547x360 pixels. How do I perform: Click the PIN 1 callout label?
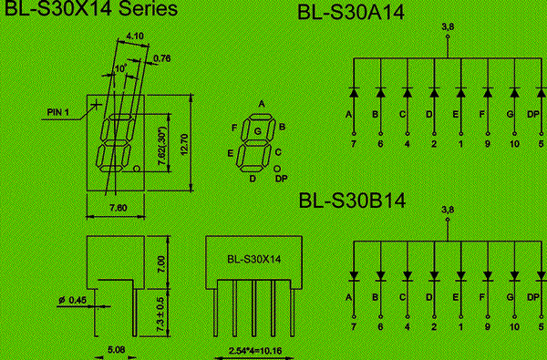(x=58, y=112)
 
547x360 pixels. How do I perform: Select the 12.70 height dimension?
(x=184, y=144)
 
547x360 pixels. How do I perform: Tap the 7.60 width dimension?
(x=119, y=208)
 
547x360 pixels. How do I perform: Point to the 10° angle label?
(x=120, y=68)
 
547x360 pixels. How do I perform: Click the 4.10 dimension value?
(x=135, y=36)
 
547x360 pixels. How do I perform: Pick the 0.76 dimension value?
(x=162, y=58)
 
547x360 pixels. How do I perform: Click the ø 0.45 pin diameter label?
(x=73, y=300)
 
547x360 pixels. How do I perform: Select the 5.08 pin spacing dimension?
(x=116, y=350)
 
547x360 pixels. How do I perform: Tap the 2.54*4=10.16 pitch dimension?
(x=255, y=351)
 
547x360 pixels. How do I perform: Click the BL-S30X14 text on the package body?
(x=254, y=259)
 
